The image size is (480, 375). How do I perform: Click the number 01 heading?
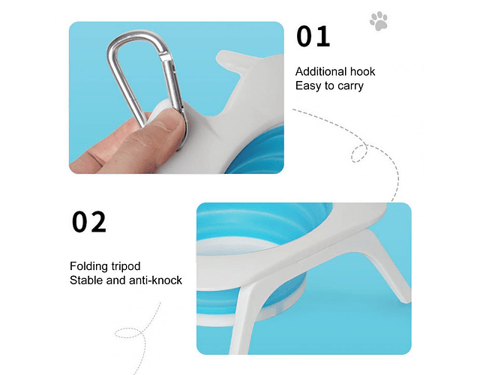313,37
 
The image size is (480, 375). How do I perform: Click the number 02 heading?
89,222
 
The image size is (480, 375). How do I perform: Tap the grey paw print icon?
379,21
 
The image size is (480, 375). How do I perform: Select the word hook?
363,72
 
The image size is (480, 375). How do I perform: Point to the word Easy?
308,85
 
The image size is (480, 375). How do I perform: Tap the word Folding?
89,266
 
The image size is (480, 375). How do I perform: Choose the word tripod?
126,267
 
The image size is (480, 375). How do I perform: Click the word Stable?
86,280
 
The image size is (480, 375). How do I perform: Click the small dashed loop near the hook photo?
359,153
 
